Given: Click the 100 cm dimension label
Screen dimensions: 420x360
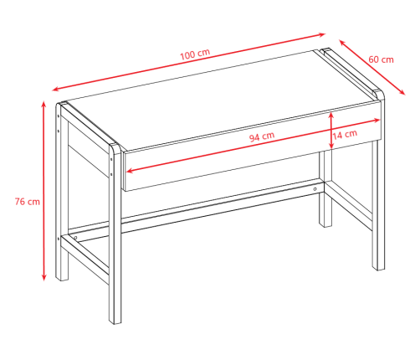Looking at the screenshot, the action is [x=195, y=54].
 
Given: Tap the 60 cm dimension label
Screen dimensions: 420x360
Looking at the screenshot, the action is [x=381, y=59].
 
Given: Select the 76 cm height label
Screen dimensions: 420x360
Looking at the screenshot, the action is [x=28, y=202].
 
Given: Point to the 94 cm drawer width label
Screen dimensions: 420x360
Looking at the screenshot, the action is [x=262, y=136].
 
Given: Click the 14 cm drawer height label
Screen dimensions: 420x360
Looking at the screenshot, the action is [x=345, y=134].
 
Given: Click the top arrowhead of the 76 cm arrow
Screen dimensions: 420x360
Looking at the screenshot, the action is [x=44, y=104].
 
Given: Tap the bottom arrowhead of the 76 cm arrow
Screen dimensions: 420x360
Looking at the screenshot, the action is [x=44, y=277].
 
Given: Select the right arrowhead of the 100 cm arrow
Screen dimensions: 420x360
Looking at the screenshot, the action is [x=322, y=34].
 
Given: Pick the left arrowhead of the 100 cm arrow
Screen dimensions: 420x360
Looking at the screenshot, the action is [x=55, y=90].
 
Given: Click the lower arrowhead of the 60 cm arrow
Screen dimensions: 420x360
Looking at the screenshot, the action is [x=402, y=93].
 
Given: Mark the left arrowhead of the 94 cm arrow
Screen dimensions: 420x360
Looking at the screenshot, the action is [x=129, y=171].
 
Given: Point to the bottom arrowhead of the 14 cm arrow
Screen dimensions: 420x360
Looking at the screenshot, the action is [x=331, y=146].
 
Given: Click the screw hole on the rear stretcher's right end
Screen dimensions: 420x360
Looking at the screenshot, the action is [x=315, y=189].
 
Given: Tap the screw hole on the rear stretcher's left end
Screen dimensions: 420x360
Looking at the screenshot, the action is [x=75, y=238].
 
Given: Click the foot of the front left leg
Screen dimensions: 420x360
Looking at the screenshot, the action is [x=115, y=321].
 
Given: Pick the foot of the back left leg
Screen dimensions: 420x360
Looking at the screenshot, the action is [x=62, y=278].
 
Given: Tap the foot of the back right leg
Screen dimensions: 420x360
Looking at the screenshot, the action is [x=325, y=224].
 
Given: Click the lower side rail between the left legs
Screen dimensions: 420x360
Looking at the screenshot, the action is [x=85, y=259].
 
